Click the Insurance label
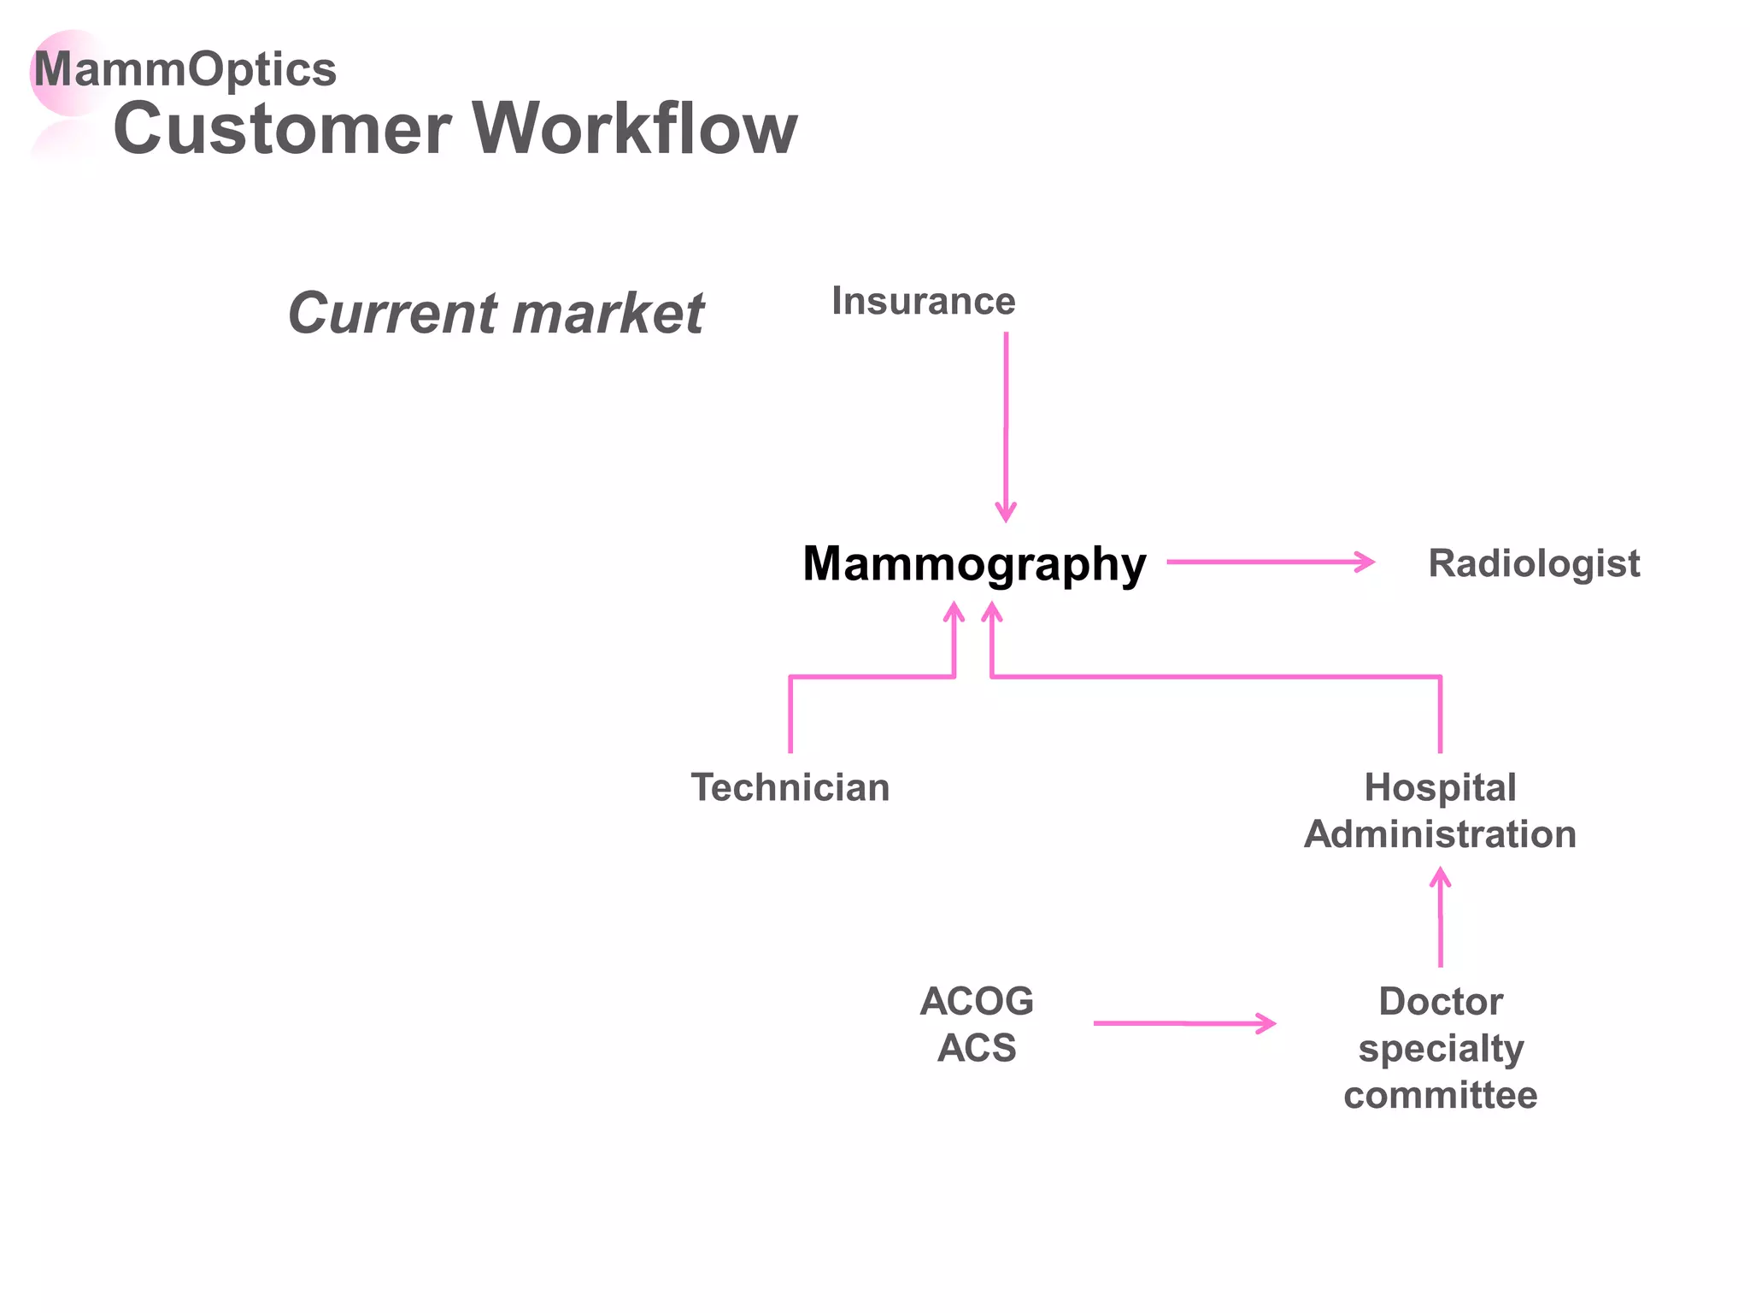(x=923, y=301)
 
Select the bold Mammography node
(x=973, y=564)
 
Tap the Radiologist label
(x=1533, y=563)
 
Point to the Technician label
(x=790, y=787)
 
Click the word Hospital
(x=1440, y=787)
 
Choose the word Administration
(x=1440, y=834)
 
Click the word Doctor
(x=1441, y=1001)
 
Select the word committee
(x=1440, y=1095)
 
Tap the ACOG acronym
(x=976, y=1001)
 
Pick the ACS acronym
(x=976, y=1048)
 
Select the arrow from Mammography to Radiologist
(x=1270, y=562)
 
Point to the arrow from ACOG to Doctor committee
(x=1184, y=1022)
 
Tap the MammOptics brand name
(x=185, y=69)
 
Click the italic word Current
(x=392, y=313)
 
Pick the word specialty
(x=1441, y=1049)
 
